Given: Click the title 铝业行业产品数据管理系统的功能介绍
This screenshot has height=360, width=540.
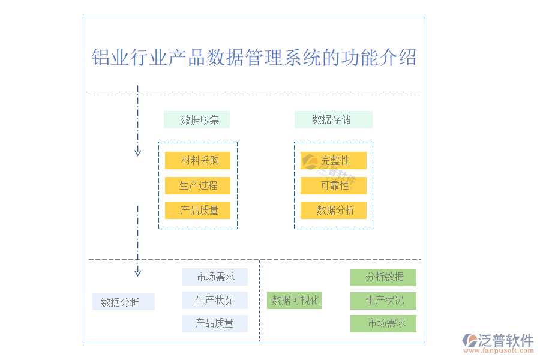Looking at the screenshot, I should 254,58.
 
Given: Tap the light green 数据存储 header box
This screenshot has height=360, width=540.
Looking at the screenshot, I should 333,120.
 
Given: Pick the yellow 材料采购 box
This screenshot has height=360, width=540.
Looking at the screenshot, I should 198,161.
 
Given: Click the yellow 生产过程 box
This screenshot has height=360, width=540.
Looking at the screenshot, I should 198,186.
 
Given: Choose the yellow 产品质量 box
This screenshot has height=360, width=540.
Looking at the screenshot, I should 198,211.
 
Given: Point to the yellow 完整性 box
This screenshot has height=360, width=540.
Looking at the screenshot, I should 334,161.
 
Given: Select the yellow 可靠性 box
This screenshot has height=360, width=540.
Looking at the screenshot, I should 334,186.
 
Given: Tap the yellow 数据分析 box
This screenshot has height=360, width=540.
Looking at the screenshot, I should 334,211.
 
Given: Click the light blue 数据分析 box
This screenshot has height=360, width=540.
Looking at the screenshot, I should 124,302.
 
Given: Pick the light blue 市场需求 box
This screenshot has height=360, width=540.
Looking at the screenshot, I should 215,277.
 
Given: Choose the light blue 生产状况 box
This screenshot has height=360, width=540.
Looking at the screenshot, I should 215,300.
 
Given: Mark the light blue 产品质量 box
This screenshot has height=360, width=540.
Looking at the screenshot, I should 215,323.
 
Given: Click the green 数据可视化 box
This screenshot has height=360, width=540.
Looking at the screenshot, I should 294,301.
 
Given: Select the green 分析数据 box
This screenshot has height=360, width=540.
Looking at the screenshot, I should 383,277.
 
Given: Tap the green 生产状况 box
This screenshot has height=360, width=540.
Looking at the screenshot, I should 383,301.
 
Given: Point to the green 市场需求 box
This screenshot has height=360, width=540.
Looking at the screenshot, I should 383,323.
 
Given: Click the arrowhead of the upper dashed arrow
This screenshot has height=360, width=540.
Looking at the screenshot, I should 137,152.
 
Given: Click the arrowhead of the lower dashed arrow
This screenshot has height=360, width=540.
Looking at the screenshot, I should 137,273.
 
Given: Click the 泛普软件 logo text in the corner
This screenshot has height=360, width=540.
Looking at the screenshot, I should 506,340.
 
